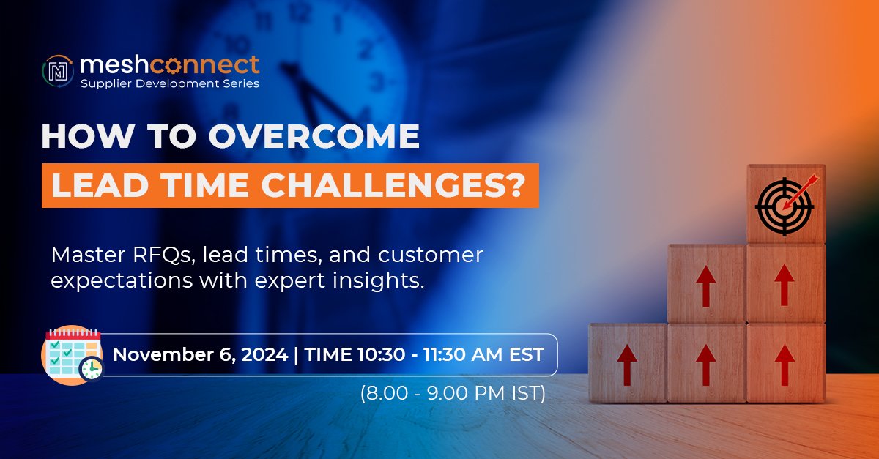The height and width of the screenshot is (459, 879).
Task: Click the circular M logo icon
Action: point(58,71)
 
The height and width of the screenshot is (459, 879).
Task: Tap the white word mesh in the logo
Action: point(114,64)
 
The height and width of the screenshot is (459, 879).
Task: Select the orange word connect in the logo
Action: point(204,64)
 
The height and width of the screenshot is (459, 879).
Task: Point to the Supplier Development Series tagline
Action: point(170,83)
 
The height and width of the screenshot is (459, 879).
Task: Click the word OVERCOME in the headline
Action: point(314,136)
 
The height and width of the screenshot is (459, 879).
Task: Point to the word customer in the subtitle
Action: point(431,255)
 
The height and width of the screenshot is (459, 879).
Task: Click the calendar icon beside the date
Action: point(73,354)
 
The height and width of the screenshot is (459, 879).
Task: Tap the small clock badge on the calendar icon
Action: point(92,369)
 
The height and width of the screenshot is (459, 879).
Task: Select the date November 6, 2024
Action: point(201,354)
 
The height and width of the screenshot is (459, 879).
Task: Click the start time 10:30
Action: point(381,354)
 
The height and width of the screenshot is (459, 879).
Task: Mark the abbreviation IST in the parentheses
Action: point(525,393)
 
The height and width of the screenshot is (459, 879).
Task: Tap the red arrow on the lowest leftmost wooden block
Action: point(627,365)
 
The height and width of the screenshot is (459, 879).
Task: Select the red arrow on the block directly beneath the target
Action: point(785,285)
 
